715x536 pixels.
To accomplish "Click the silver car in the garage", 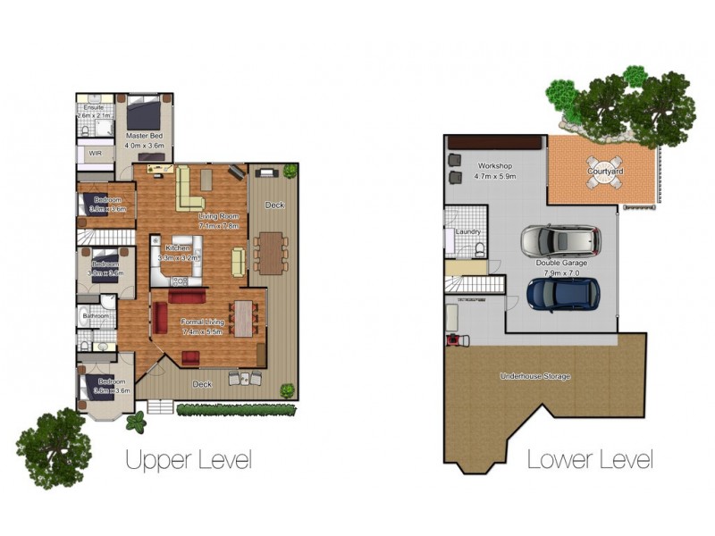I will (560, 241).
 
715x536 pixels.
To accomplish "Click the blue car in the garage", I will (562, 293).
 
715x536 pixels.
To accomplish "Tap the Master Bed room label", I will (143, 136).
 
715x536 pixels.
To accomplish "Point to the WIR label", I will (95, 154).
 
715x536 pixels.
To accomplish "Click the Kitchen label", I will (178, 247).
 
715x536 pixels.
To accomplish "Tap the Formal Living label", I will (202, 321).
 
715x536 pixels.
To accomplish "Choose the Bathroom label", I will (96, 316).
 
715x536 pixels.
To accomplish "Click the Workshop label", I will (493, 166).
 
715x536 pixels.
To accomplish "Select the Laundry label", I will (467, 232).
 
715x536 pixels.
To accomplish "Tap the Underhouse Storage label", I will (534, 376).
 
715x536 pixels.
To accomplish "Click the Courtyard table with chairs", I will (605, 180).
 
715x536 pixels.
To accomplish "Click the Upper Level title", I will (188, 460).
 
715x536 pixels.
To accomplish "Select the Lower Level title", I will (589, 460).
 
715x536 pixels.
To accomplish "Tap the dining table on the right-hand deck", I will (269, 252).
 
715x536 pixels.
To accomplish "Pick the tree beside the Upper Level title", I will (54, 447).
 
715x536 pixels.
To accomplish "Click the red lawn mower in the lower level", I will (454, 339).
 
